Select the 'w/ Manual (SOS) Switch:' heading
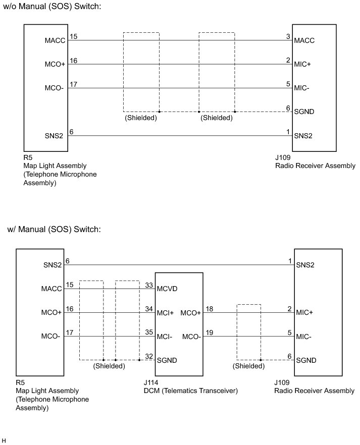(55, 229)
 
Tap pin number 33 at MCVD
(148, 285)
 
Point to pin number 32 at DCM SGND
(148, 356)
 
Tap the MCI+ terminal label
(166, 313)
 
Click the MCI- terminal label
(165, 337)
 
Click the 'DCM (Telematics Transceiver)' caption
(190, 391)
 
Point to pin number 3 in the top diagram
(288, 36)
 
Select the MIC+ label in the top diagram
(304, 65)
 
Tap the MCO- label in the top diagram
(55, 89)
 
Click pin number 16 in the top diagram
(73, 61)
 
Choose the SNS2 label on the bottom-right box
(305, 265)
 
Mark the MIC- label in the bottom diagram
(303, 337)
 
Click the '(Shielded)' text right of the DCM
(248, 366)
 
